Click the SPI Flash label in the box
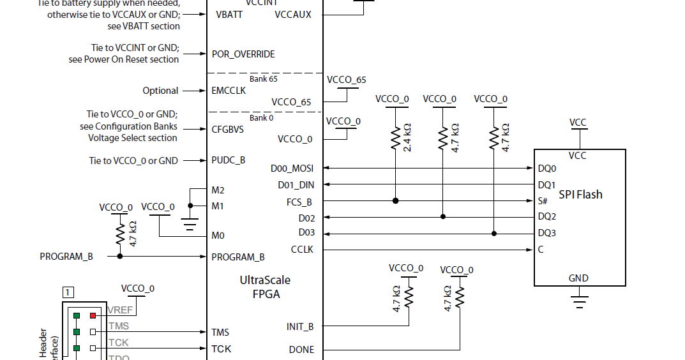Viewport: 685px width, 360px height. pos(580,194)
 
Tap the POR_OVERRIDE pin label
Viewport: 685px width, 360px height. pos(243,54)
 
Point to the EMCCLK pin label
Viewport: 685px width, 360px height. pos(229,91)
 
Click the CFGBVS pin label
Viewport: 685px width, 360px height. pos(228,129)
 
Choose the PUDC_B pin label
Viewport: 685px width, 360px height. pos(229,160)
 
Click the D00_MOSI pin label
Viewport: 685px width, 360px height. pos(292,169)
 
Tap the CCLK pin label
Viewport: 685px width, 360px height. pos(302,250)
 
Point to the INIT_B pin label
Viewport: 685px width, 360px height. pos(300,327)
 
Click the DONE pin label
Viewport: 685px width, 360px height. pos(301,350)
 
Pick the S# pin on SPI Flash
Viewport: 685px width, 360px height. pos(543,200)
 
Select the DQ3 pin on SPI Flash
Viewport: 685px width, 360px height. pos(546,233)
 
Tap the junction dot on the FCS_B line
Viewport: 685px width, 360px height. pos(396,200)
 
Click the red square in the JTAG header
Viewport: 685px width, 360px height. pos(93,315)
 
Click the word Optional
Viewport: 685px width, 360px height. pos(160,91)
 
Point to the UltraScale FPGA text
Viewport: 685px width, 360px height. pos(265,287)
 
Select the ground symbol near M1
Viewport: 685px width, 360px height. pos(190,223)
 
